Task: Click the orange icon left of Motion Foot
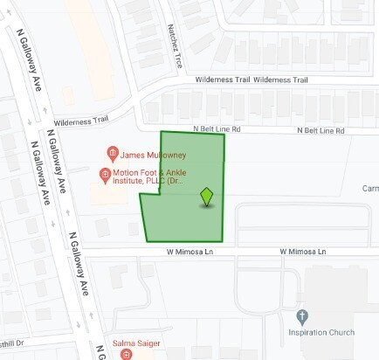click(104, 173)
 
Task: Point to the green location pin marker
click(207, 197)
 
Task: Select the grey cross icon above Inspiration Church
click(302, 315)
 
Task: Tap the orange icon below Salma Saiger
click(126, 356)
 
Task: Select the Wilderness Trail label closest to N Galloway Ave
click(80, 121)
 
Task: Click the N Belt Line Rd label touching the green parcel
click(216, 129)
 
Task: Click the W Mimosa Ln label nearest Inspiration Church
click(303, 252)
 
